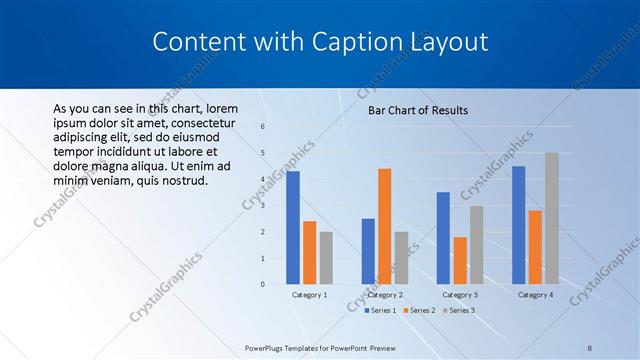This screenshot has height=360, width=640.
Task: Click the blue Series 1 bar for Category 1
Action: (293, 228)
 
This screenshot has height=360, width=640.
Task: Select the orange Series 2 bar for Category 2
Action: (384, 227)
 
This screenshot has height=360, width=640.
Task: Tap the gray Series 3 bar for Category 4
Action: (551, 219)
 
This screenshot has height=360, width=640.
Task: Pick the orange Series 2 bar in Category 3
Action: (460, 261)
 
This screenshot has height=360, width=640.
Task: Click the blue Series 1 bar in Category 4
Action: (518, 225)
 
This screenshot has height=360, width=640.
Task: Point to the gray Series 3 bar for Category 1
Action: (326, 258)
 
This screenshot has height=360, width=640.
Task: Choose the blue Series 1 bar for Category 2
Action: (368, 251)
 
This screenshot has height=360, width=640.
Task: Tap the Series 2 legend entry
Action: (419, 311)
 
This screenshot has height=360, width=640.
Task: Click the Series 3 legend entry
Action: (458, 311)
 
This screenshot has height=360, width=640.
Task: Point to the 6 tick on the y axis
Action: (262, 127)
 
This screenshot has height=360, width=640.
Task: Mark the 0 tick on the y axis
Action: (262, 284)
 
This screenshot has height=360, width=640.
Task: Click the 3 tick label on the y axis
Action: (262, 206)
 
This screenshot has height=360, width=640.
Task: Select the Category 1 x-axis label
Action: (309, 295)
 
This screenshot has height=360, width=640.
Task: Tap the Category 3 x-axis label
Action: (460, 295)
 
